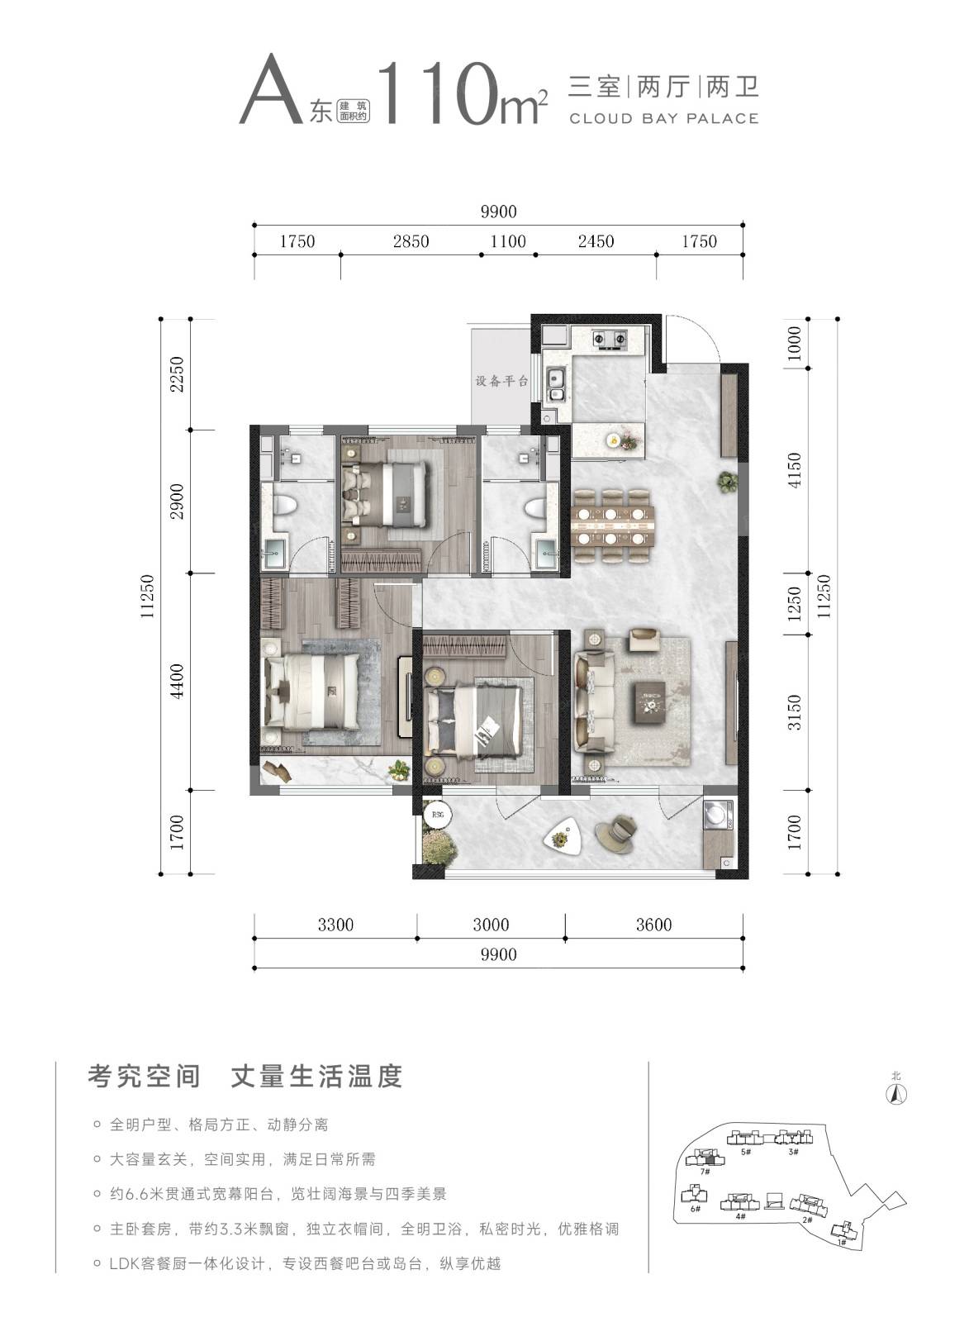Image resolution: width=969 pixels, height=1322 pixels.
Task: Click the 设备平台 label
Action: point(501,381)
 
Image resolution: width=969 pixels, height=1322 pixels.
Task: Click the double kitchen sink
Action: point(555,384)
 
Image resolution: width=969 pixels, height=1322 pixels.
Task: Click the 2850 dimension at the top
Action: point(411,241)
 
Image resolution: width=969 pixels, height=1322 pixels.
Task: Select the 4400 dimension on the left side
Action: point(177,681)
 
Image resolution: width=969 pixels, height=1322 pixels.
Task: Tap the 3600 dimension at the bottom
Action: point(654,925)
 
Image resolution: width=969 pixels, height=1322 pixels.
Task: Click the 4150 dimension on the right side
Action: point(795,469)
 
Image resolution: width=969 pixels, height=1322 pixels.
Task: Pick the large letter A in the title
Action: point(271,90)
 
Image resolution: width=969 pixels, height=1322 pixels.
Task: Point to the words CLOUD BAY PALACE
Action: point(664,119)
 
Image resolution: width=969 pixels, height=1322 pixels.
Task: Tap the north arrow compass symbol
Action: point(896,1094)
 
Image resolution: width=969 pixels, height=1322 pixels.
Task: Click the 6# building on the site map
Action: point(695,1195)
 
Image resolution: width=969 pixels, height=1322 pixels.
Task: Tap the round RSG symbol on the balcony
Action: point(437,815)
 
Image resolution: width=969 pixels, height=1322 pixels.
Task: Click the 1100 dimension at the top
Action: point(508,241)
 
